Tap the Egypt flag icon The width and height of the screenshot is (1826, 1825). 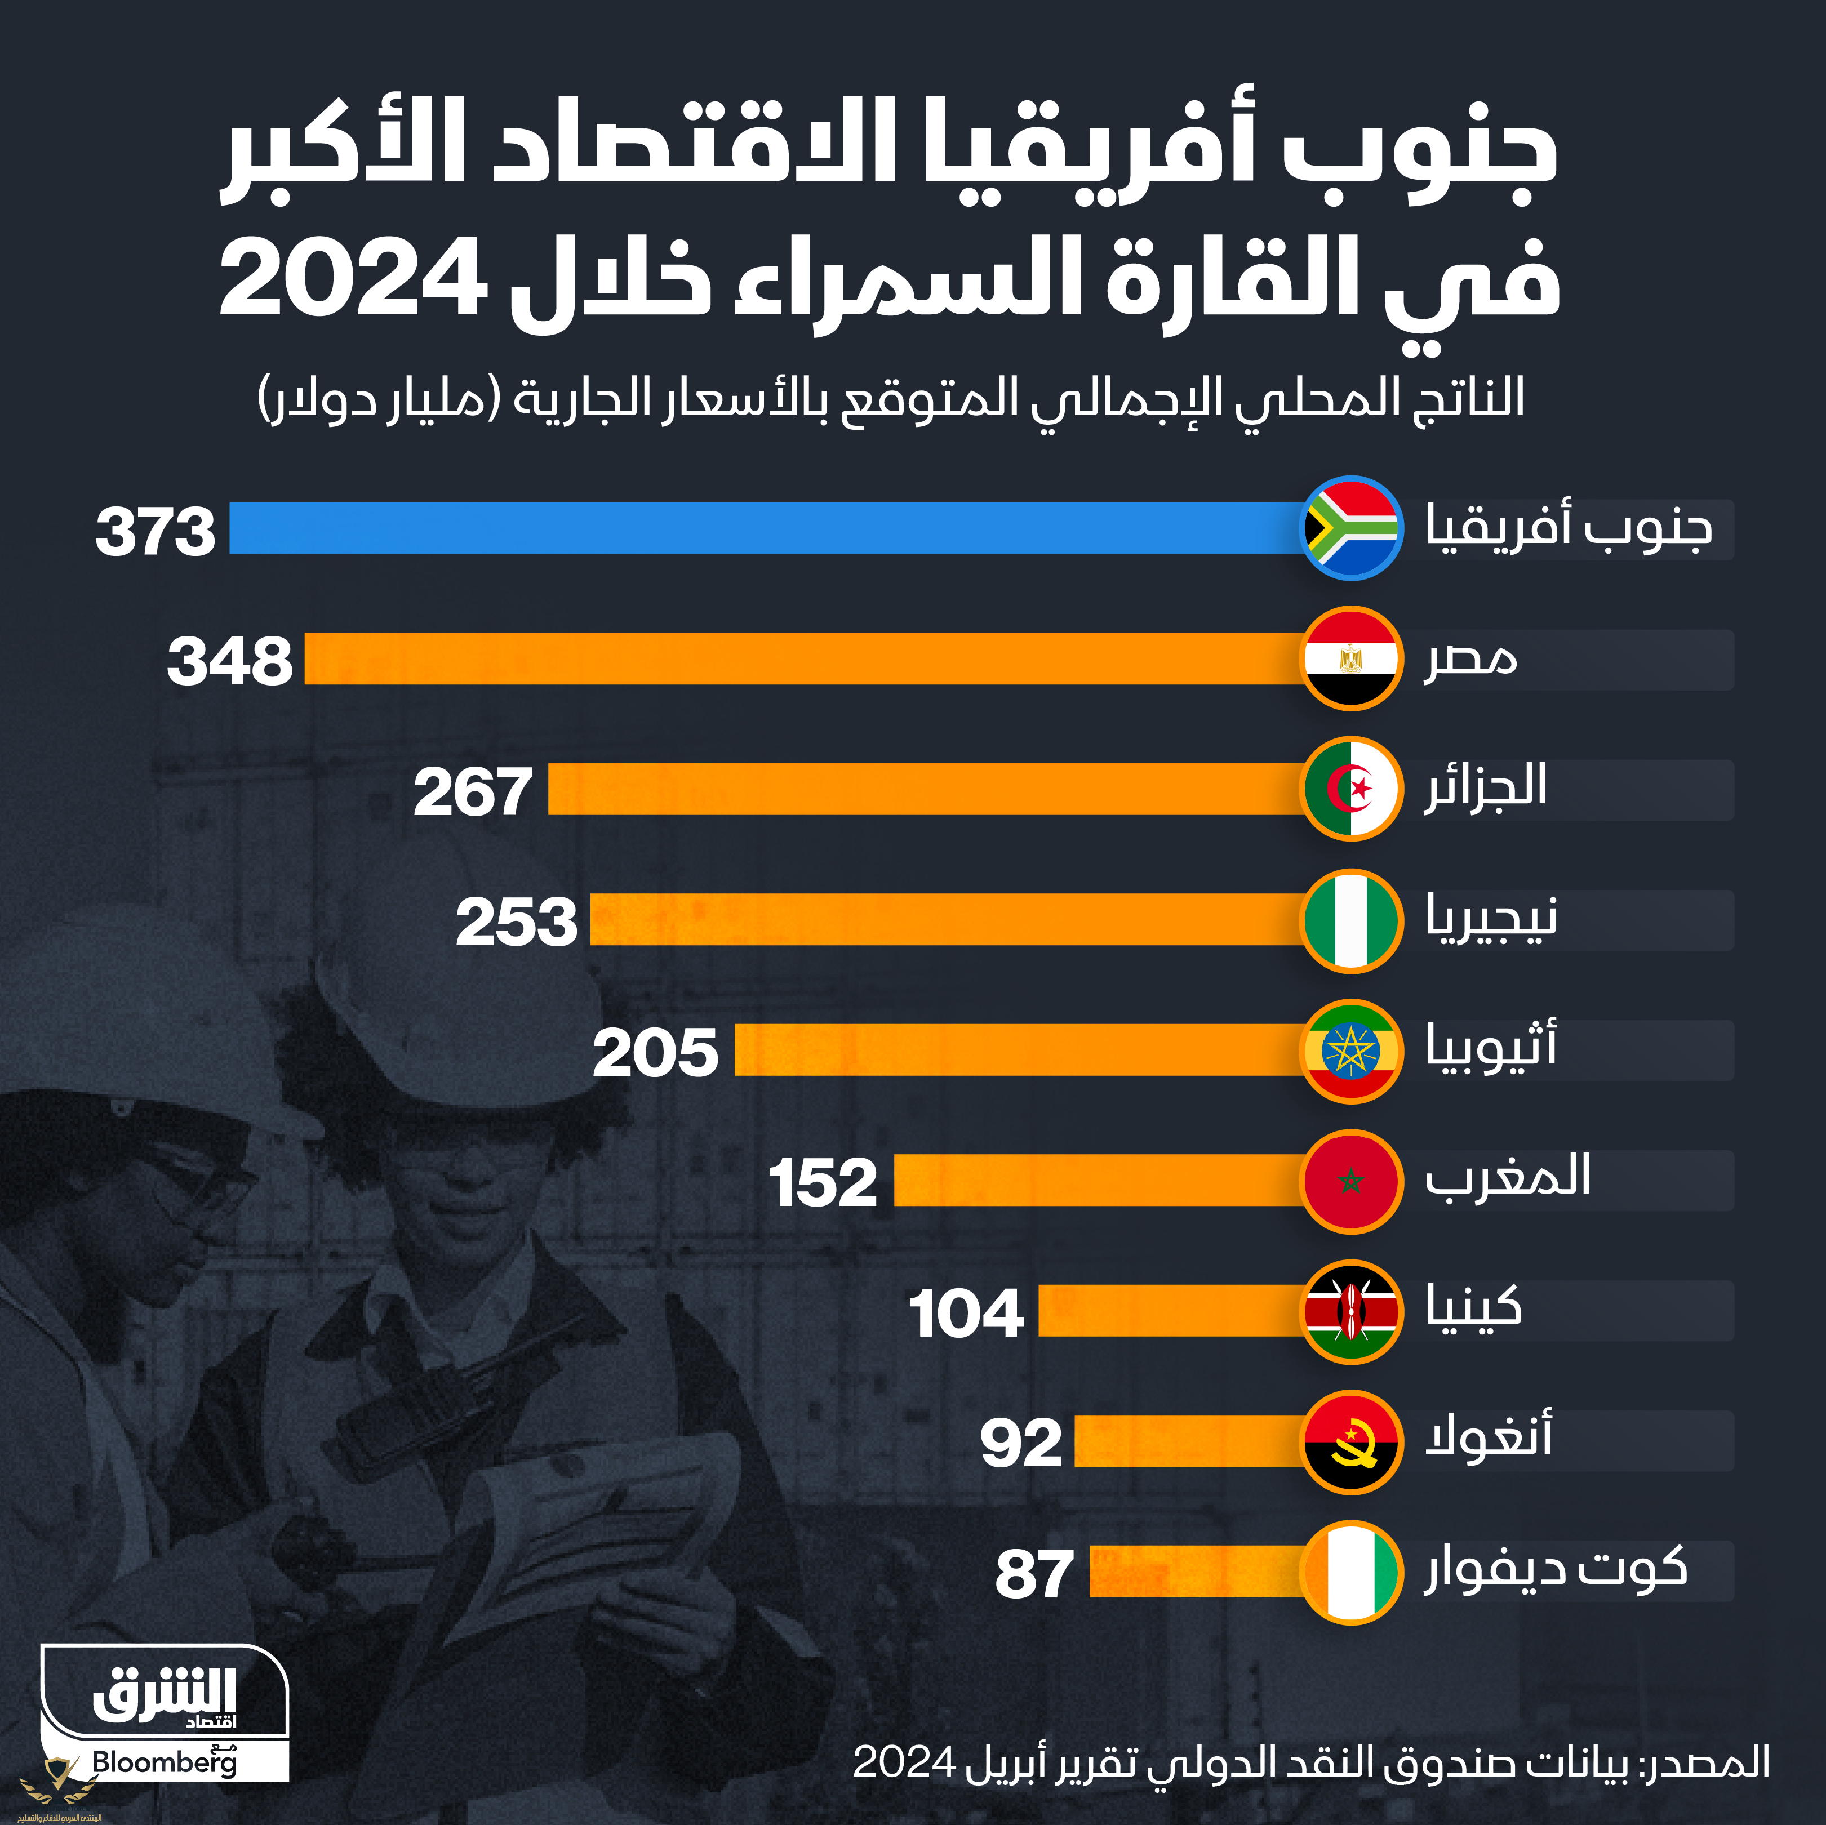[1350, 658]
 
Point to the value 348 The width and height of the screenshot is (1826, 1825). [230, 661]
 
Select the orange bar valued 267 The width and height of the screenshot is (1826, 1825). [926, 789]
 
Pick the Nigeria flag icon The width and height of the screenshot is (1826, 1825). [1350, 920]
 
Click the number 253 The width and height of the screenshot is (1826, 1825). [516, 922]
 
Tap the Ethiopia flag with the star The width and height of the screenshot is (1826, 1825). [1350, 1050]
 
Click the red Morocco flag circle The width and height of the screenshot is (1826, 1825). [1350, 1181]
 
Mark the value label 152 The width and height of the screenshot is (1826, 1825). [822, 1182]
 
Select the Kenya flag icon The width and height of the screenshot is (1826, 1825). [1350, 1311]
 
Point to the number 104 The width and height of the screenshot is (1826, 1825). [966, 1313]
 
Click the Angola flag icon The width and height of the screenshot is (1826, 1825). [1350, 1441]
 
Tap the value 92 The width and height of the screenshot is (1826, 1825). [1021, 1443]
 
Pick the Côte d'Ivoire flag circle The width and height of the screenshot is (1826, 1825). [1350, 1572]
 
